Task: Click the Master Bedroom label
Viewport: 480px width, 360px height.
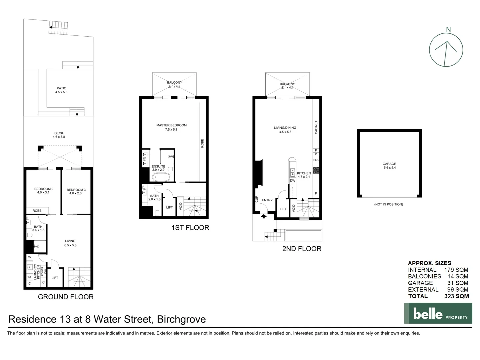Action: click(171, 125)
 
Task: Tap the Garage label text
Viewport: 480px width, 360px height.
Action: click(389, 164)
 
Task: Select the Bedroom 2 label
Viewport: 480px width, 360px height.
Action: click(44, 189)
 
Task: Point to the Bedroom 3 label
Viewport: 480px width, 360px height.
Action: click(76, 190)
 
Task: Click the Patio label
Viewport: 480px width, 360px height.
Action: click(61, 88)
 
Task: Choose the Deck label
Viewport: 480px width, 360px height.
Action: click(59, 133)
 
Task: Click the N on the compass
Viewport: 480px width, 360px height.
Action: click(448, 29)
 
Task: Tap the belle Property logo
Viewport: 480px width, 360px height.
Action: click(438, 313)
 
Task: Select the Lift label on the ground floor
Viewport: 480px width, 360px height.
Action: click(55, 278)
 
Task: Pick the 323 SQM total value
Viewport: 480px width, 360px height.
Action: click(456, 296)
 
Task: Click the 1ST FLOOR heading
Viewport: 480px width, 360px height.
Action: click(190, 228)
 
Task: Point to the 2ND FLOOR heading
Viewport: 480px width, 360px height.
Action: click(302, 249)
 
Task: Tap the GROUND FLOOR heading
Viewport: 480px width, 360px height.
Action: click(66, 297)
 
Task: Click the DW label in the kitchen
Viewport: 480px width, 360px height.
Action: click(292, 181)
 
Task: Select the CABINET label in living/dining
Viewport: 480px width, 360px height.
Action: click(316, 127)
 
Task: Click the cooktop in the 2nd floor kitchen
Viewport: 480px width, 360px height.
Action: click(316, 170)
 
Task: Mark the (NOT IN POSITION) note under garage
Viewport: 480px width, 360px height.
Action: click(388, 204)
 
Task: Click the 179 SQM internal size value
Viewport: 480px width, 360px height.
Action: click(456, 270)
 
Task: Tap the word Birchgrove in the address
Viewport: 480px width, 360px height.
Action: click(181, 319)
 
